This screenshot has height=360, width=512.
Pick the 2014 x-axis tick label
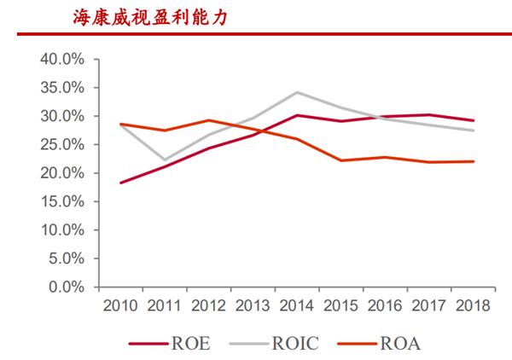296,305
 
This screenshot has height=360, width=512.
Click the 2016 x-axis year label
385,305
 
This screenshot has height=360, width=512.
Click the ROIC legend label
296,344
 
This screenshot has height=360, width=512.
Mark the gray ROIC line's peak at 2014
296,92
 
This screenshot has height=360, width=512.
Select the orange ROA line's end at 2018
474,161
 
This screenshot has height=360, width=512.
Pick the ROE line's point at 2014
296,114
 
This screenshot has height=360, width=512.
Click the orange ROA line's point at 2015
340,160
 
